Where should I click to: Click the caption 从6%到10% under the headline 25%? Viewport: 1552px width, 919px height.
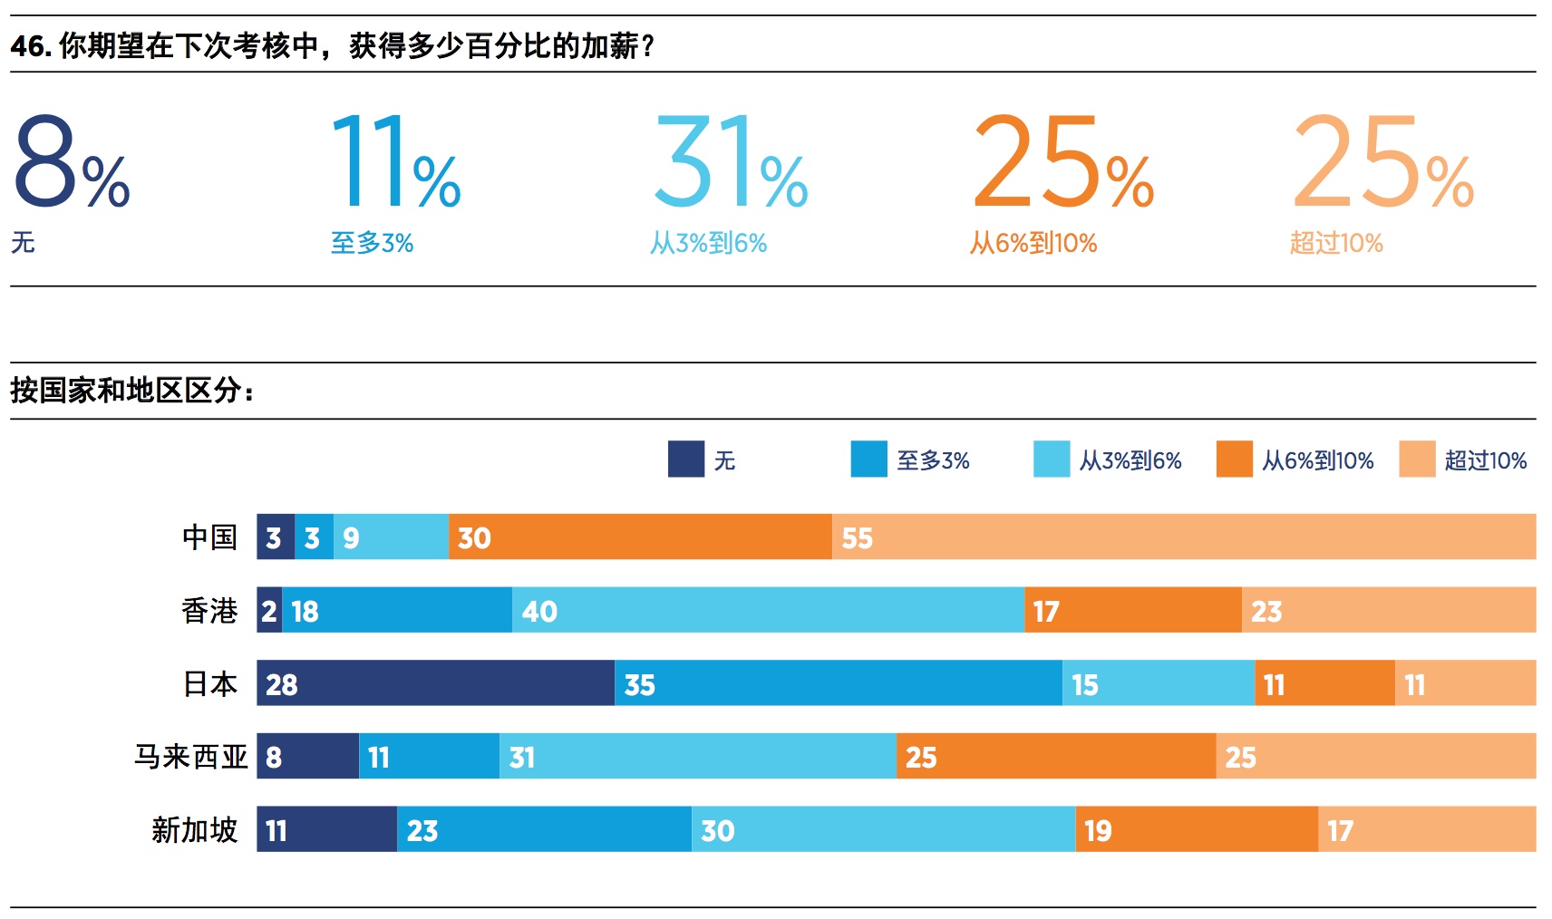coord(1033,243)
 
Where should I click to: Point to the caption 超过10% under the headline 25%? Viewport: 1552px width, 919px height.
coord(1336,243)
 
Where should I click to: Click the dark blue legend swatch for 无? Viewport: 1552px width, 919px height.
coord(686,459)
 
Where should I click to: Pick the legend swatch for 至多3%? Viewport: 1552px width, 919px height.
coord(868,459)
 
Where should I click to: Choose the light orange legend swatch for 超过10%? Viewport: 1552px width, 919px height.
coord(1417,459)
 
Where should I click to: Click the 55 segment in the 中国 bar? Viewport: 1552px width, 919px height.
coord(1184,537)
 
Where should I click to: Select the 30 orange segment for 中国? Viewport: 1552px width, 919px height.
coord(640,537)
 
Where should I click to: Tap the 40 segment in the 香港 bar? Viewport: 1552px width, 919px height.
coord(768,610)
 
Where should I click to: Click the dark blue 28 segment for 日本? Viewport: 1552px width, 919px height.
coord(435,683)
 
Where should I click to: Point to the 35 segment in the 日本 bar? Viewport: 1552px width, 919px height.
coord(839,683)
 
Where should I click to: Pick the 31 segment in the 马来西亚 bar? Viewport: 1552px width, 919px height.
coord(697,756)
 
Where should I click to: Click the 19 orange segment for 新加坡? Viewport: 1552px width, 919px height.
coord(1197,829)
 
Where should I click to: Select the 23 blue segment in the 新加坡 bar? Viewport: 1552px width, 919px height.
coord(544,829)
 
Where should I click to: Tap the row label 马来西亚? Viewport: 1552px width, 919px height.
coord(191,756)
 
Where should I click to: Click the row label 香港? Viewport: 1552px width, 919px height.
coord(209,610)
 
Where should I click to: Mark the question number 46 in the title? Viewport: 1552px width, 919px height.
coord(30,45)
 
